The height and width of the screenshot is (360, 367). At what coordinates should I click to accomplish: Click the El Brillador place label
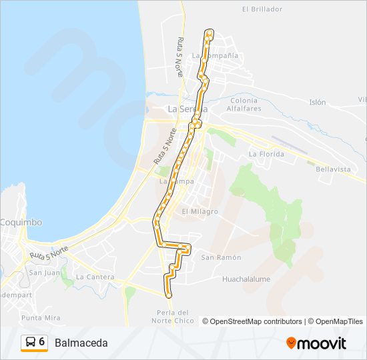click(x=262, y=9)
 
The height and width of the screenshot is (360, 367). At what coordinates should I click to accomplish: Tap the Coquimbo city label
click(x=20, y=222)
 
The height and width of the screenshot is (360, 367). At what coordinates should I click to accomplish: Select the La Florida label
click(x=266, y=154)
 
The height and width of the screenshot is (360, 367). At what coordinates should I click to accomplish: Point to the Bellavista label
click(x=333, y=169)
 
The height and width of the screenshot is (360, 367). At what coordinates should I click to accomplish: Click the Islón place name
click(x=317, y=103)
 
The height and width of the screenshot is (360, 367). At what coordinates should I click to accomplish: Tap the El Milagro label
click(x=200, y=211)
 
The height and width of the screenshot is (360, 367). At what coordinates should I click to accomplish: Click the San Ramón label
click(x=221, y=257)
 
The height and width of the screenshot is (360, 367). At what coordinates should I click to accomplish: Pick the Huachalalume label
click(x=246, y=279)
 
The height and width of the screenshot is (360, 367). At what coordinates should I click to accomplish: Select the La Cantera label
click(x=95, y=277)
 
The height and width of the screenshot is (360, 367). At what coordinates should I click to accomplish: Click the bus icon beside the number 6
click(x=29, y=343)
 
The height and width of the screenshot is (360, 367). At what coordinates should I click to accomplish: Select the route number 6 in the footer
click(x=42, y=342)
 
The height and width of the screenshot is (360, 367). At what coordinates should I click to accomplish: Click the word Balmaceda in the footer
click(x=81, y=343)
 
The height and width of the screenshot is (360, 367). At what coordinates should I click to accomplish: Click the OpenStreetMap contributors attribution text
click(x=256, y=321)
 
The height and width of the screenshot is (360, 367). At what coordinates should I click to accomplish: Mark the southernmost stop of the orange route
click(x=168, y=295)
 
